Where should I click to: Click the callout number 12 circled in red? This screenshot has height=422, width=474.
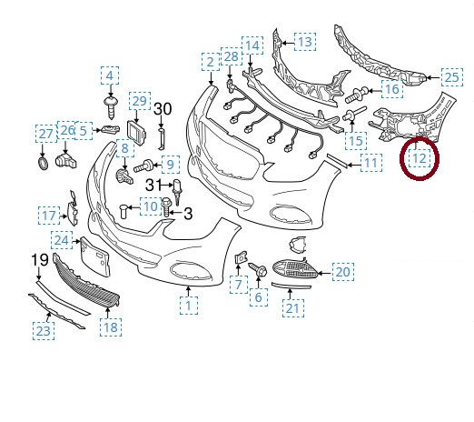coord(419,158)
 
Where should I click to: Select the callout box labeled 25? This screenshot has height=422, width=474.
coord(451,76)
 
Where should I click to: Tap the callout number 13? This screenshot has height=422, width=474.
coord(304,42)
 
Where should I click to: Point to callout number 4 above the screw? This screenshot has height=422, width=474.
coord(110,75)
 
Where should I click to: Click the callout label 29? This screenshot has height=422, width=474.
coord(138,100)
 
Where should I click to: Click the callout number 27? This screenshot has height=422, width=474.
coord(45,134)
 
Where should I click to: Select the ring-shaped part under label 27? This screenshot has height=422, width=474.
coord(42,164)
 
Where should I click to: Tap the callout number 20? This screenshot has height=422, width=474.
coord(342,271)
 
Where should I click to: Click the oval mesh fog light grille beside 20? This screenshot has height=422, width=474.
coord(297,269)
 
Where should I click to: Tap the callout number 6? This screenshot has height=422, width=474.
coord(258,297)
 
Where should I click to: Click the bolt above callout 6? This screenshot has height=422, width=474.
coord(257,269)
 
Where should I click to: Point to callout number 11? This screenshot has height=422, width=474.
coord(370,164)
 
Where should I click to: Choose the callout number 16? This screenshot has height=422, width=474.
coord(391,89)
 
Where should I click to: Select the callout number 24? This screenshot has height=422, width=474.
coord(61,240)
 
